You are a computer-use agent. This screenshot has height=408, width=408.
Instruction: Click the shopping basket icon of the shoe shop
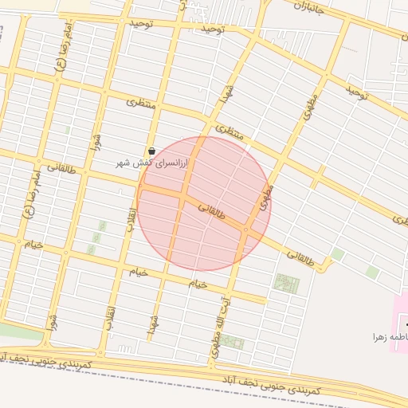pos(151,151)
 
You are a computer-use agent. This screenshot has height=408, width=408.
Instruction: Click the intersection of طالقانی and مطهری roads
pos(248,230)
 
